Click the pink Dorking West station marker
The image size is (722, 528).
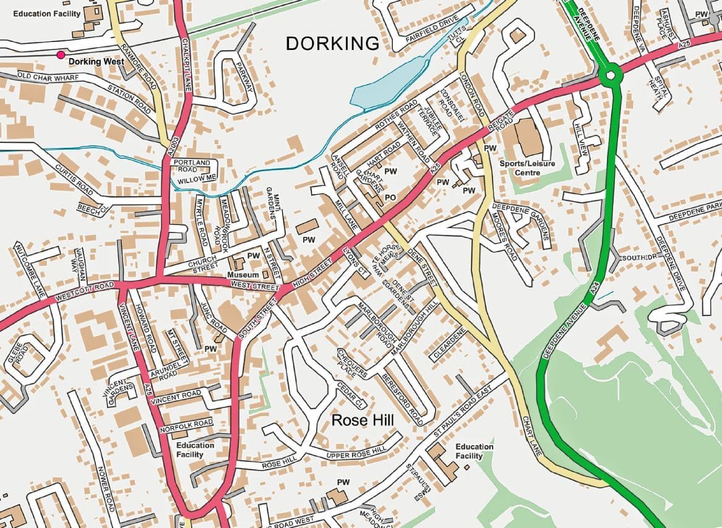click(60, 55)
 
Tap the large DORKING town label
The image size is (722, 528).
click(332, 43)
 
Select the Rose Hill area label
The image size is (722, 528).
click(363, 420)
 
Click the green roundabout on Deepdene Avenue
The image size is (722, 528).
click(610, 75)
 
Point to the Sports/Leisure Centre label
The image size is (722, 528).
click(528, 168)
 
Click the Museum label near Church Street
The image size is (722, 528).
click(243, 274)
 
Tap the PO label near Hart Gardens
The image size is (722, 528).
click(390, 197)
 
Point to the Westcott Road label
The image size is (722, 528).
click(84, 293)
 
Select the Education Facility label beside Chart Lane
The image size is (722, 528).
click(474, 451)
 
